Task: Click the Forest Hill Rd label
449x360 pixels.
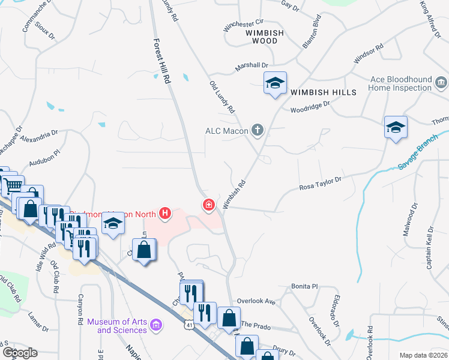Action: (x=159, y=61)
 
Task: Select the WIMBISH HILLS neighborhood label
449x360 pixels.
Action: (x=324, y=92)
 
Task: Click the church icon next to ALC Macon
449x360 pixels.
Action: (x=258, y=130)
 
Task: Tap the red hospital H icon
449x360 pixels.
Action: (x=164, y=213)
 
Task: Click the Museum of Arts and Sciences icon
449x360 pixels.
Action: (x=156, y=325)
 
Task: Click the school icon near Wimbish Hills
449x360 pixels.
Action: (x=275, y=83)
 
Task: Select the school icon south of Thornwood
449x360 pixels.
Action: (x=396, y=128)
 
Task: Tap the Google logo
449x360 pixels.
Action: (x=19, y=353)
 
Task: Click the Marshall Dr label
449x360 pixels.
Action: (x=255, y=64)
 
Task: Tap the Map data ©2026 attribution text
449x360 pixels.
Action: (x=423, y=355)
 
